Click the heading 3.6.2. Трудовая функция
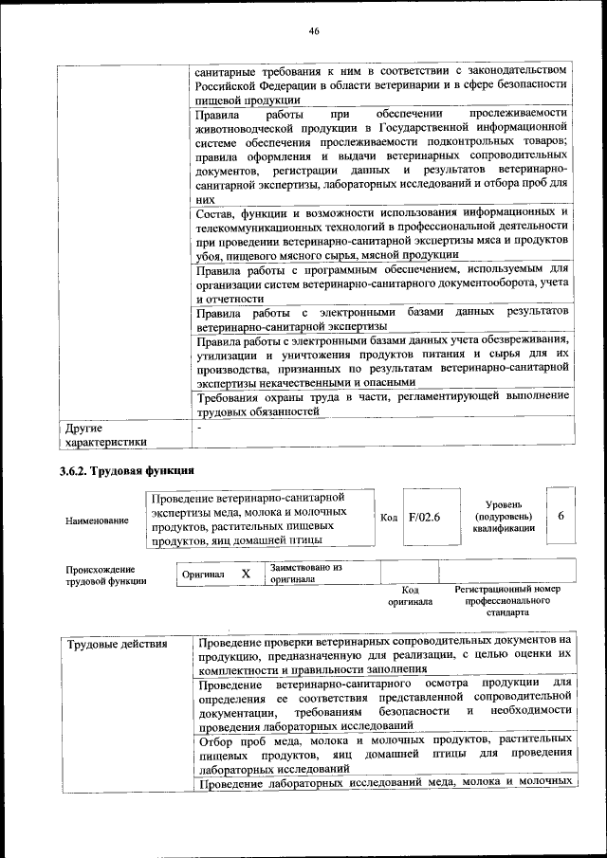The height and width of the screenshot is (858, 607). pyautogui.click(x=127, y=471)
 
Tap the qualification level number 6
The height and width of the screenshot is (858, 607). pyautogui.click(x=561, y=516)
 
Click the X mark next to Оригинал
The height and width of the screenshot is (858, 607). pyautogui.click(x=246, y=574)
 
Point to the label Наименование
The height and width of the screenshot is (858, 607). pyautogui.click(x=97, y=520)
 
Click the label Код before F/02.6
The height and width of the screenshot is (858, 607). pyautogui.click(x=389, y=518)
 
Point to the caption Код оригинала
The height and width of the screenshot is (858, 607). pyautogui.click(x=410, y=595)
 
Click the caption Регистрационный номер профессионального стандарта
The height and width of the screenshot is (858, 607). pyautogui.click(x=507, y=601)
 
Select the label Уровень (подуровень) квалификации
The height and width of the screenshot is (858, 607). pyautogui.click(x=503, y=517)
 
